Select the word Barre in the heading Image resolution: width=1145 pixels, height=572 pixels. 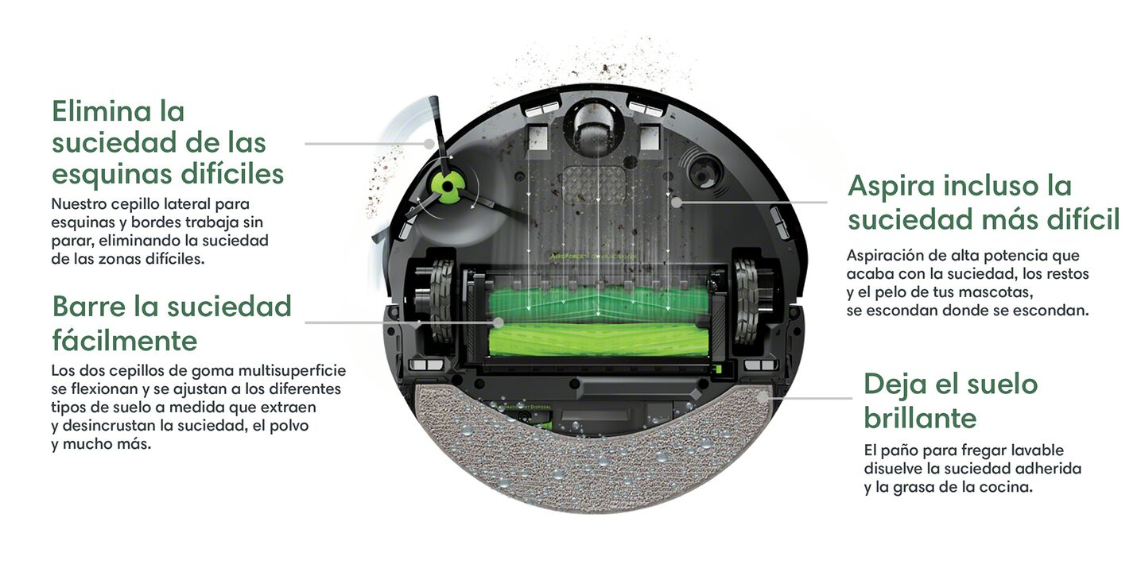coord(89,307)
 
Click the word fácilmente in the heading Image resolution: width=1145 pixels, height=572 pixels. coord(125,340)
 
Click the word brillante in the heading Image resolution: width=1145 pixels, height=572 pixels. coord(920,418)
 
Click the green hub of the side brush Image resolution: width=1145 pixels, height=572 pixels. coord(446,187)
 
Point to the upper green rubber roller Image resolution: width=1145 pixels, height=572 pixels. coord(598,304)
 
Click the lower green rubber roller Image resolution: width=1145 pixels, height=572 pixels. coord(598,341)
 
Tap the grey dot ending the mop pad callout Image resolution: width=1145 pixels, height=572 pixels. coord(763,397)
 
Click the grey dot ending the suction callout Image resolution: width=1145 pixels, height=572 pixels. coord(676,203)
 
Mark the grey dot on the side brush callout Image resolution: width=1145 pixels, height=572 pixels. coord(429,144)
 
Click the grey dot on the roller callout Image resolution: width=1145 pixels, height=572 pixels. coord(498,323)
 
